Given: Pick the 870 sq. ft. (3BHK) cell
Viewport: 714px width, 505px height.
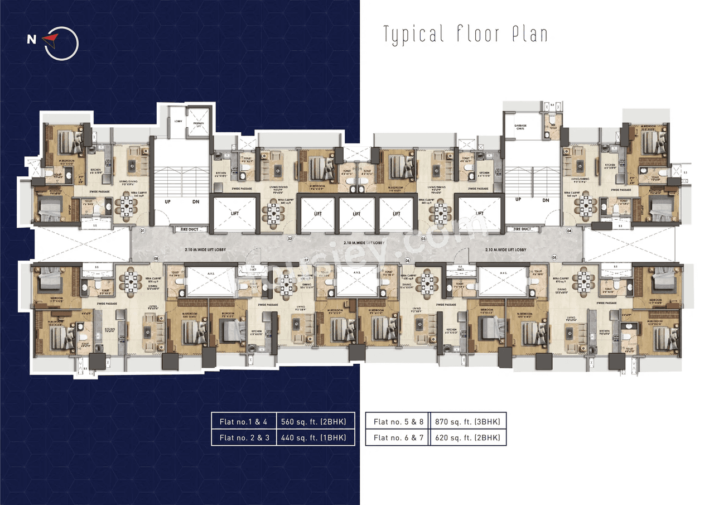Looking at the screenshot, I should (x=467, y=421).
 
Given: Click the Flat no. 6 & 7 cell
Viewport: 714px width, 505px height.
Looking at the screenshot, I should (x=397, y=437).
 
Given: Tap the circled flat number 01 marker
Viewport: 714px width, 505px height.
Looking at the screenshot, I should (x=142, y=230).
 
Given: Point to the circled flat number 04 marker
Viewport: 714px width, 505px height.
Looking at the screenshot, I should (x=570, y=230).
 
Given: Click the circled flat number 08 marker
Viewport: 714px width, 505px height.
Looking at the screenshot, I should (x=156, y=258).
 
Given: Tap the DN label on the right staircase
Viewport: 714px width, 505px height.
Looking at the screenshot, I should (x=546, y=200).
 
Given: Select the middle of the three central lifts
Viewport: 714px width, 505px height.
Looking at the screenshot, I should (x=356, y=214).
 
